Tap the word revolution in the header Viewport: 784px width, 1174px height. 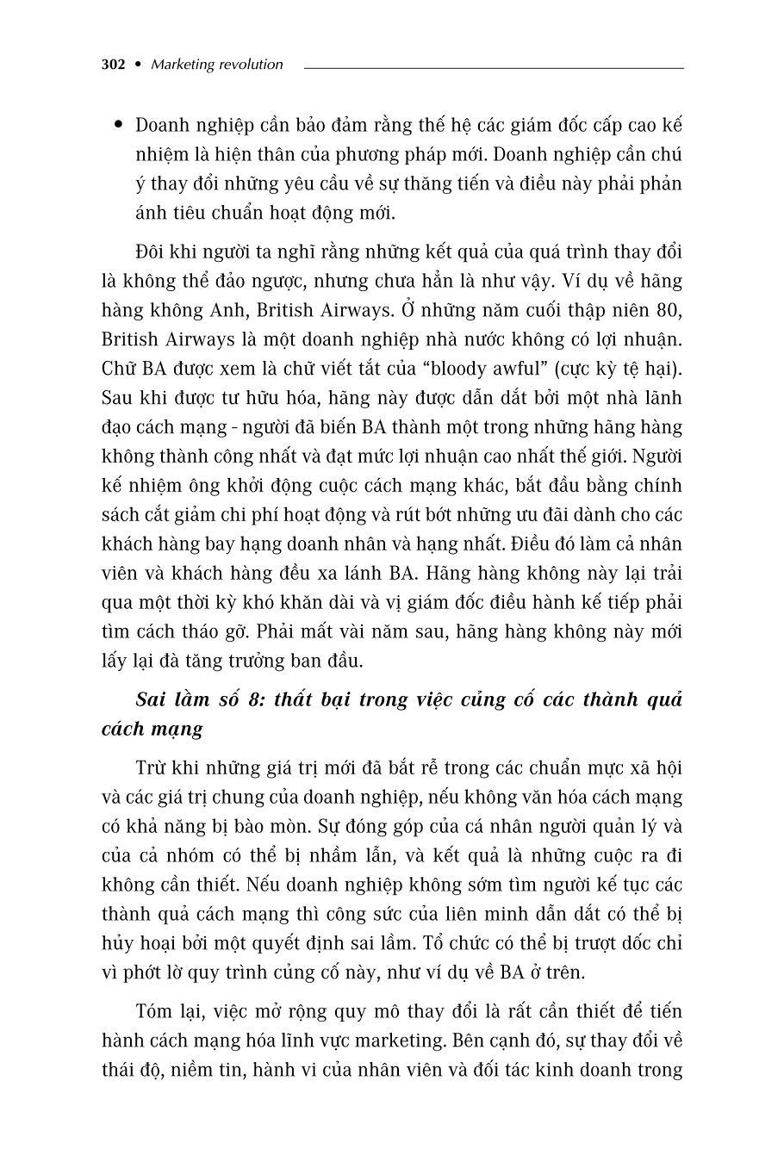pyautogui.click(x=251, y=64)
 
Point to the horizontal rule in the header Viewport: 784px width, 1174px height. pyautogui.click(x=494, y=67)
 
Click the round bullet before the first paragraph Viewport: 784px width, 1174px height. pyautogui.click(x=117, y=126)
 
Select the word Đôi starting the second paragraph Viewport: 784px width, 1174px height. pyautogui.click(x=152, y=252)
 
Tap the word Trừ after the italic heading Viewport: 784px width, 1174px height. pyautogui.click(x=152, y=768)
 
